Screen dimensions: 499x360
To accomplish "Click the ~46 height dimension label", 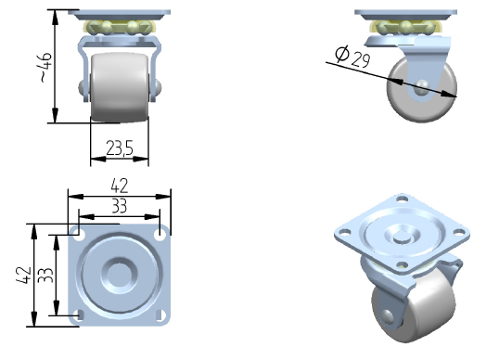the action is point(45,67).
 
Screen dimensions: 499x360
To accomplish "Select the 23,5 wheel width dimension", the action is point(120,148).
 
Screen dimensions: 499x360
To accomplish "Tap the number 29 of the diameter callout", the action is point(361,59).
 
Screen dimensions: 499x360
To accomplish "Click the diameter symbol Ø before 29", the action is point(342,53).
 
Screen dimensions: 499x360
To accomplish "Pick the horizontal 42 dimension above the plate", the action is point(120,186).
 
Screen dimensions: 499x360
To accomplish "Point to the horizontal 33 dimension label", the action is point(120,206).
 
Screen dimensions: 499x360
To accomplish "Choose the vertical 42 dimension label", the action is point(24,275).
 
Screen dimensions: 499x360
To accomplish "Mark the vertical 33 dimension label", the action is point(45,276).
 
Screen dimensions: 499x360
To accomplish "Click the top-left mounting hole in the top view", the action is point(79,235).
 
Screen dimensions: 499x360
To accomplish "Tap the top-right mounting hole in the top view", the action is point(160,235).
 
